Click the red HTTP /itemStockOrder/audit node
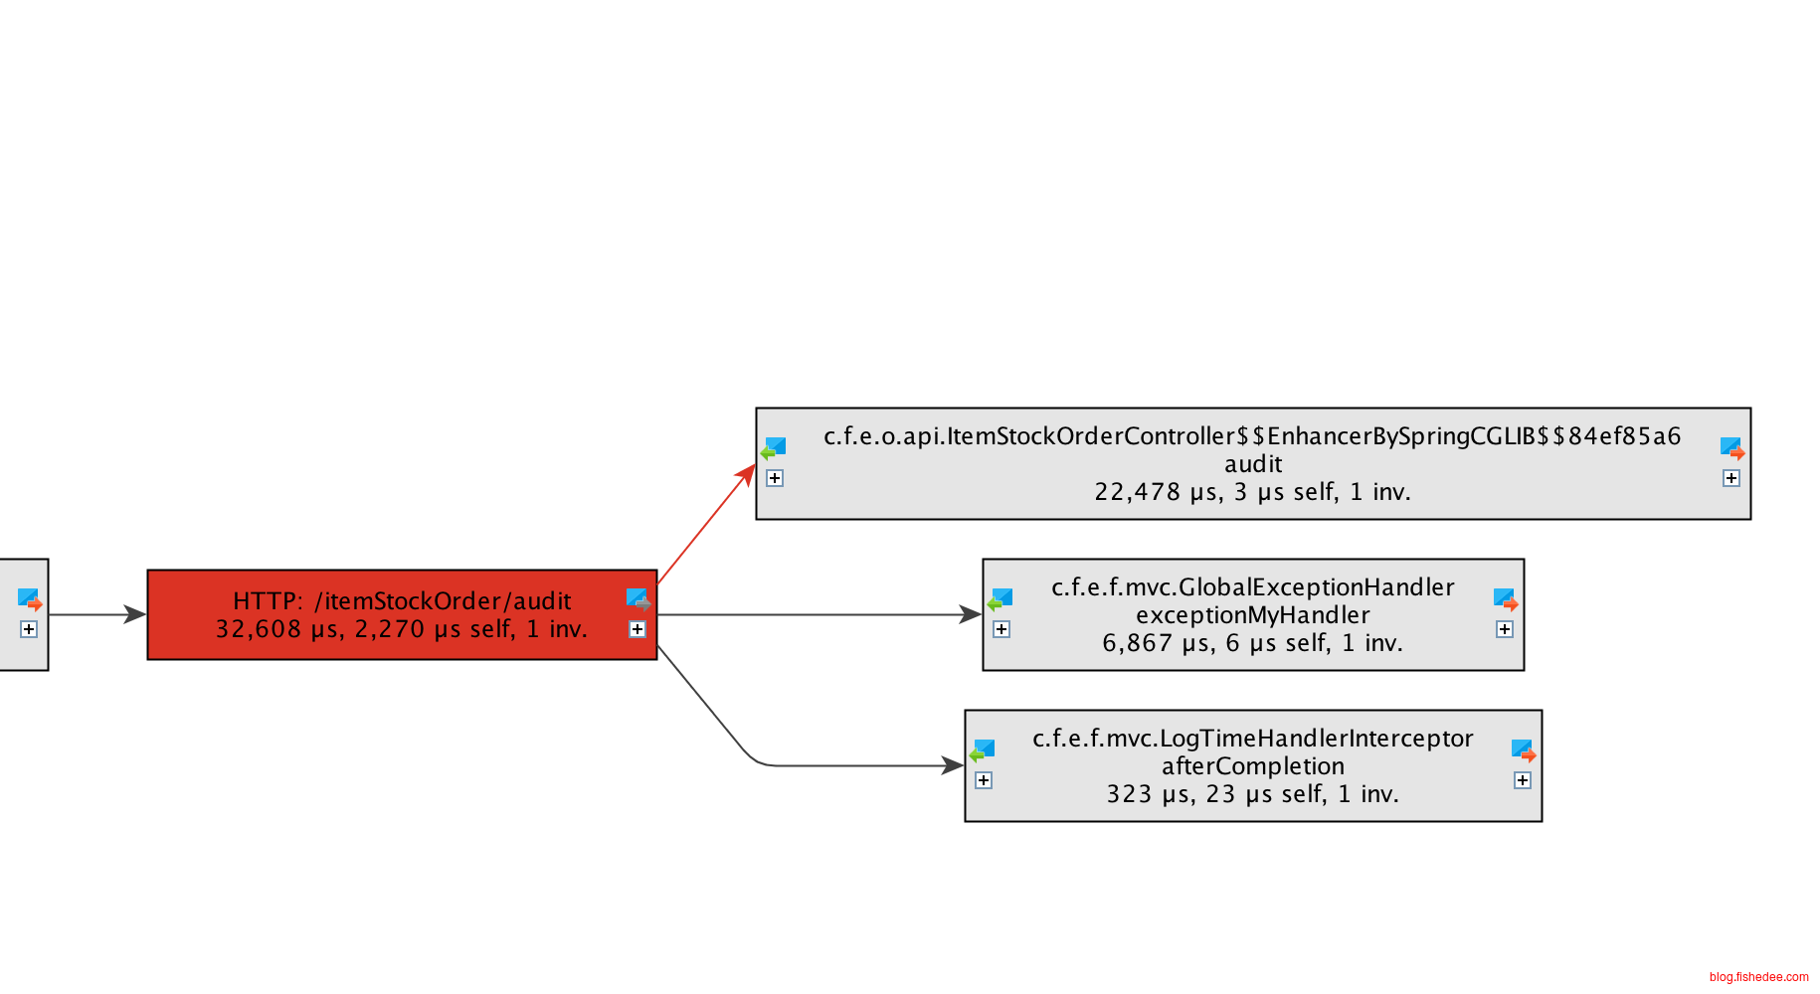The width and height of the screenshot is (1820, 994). [402, 614]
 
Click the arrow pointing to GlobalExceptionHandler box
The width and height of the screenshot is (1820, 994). [819, 614]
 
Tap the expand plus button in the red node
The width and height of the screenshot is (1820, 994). [637, 629]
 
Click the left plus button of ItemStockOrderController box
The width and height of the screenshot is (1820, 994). [775, 478]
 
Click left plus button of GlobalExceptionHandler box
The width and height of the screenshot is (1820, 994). [1001, 629]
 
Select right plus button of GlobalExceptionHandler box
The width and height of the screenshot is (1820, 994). [1505, 629]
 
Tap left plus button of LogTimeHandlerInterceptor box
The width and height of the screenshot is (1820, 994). [984, 780]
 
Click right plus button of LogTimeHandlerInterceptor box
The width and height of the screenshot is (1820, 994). [1523, 780]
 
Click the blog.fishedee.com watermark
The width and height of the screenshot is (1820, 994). [1759, 977]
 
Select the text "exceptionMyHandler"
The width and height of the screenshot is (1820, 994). [1253, 615]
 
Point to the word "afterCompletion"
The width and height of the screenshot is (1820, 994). [1253, 766]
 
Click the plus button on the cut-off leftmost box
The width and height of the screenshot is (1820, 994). [29, 629]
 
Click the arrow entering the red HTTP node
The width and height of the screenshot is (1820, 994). [97, 614]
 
